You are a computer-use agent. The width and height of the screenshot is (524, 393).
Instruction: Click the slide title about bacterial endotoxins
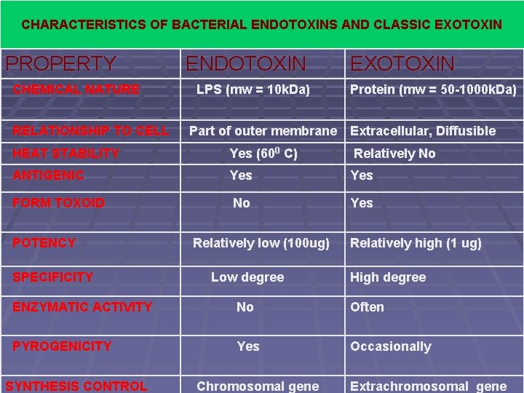click(x=261, y=25)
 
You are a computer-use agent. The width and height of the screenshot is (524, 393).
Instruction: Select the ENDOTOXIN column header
click(x=246, y=64)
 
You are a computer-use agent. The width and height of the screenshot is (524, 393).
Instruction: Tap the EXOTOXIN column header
click(x=402, y=64)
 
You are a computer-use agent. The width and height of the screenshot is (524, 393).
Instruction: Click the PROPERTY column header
click(x=60, y=64)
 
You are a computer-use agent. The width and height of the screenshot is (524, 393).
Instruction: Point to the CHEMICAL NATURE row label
click(x=76, y=90)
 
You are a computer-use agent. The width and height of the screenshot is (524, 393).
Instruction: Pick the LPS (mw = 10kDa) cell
click(x=253, y=90)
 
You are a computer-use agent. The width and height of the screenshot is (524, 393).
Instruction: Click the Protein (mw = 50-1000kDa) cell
click(x=434, y=90)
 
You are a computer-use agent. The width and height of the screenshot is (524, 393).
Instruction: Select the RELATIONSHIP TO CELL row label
click(x=90, y=131)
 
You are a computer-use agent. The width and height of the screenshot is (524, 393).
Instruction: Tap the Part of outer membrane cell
click(x=263, y=131)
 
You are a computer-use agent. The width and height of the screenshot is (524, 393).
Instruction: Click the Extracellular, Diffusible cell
click(x=423, y=131)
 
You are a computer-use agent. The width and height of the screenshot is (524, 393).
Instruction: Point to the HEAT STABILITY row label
click(x=65, y=154)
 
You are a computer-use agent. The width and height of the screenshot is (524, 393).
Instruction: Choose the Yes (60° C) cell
click(x=263, y=154)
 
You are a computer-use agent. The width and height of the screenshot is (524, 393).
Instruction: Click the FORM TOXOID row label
click(x=58, y=203)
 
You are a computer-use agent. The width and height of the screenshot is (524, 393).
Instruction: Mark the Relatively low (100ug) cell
click(x=261, y=243)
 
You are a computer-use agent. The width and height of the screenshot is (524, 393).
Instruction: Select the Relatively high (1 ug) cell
click(x=416, y=243)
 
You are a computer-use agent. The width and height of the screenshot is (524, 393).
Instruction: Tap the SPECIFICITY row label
click(x=52, y=277)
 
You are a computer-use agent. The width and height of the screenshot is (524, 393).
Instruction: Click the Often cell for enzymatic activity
click(x=367, y=307)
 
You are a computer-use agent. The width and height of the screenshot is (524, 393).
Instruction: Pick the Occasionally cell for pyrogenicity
click(x=390, y=346)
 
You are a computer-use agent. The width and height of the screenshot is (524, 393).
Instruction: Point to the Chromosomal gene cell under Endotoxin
click(x=258, y=386)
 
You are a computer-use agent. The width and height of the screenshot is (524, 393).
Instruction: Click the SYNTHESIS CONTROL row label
click(x=76, y=386)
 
